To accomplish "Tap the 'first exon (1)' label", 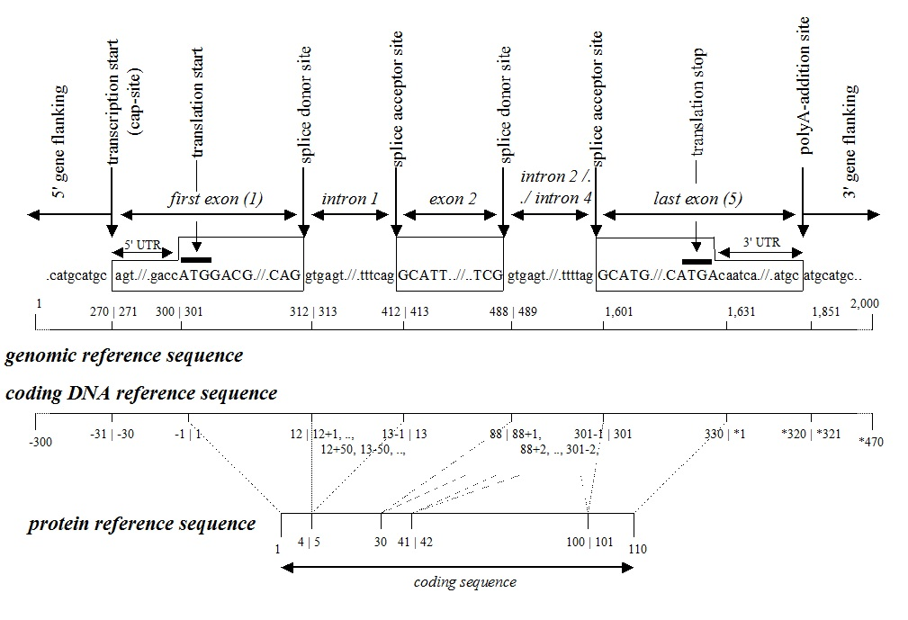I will [x=216, y=198].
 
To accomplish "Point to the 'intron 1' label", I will [x=351, y=198].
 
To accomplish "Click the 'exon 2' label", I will [x=453, y=198].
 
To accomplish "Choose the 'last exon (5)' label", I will [x=697, y=198].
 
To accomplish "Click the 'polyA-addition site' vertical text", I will [x=805, y=85].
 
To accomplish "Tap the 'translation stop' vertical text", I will [x=699, y=103].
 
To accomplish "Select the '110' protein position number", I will [x=638, y=548].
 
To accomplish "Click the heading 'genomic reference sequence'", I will [x=124, y=355].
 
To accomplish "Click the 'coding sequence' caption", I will [x=464, y=581].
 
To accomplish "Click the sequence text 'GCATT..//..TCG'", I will [x=450, y=275].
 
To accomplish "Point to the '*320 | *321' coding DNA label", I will [x=811, y=433].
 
